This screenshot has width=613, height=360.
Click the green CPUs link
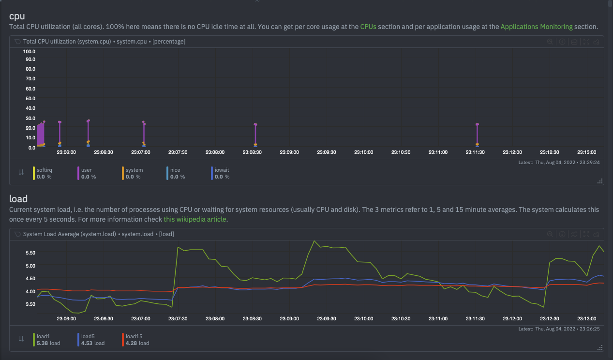[368, 27]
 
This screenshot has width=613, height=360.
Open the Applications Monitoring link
[536, 27]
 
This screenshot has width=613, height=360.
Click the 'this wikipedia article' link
[195, 219]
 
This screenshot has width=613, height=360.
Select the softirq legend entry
[45, 170]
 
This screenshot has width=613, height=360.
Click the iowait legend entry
[222, 170]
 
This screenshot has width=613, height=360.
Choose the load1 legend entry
[44, 336]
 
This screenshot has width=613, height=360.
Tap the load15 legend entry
[134, 336]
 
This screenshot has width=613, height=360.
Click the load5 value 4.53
[88, 344]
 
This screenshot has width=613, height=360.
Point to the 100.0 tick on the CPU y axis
[29, 51]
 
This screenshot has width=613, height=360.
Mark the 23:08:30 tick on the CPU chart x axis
[252, 152]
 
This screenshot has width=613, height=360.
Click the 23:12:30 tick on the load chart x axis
[550, 319]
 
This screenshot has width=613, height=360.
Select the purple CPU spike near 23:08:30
[255, 134]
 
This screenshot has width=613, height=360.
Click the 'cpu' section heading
[17, 16]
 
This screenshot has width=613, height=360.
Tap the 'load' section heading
[18, 199]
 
